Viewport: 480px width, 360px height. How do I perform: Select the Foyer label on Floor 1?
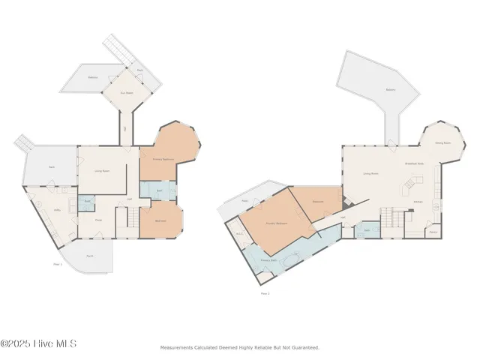coord(98,220)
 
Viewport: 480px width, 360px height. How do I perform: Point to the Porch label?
coord(90,256)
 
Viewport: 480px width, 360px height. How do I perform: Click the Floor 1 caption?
coord(58,264)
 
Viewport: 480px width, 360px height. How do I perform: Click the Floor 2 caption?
coord(264,293)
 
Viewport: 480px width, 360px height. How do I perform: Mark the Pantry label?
coord(433,232)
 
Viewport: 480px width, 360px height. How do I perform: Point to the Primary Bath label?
coord(268,259)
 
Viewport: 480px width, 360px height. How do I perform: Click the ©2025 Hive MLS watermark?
coord(38,344)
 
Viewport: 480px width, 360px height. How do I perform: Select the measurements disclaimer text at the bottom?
coord(239,347)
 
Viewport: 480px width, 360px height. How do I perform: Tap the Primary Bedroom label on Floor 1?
coord(163,159)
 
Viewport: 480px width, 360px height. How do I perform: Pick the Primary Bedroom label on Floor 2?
coord(276,223)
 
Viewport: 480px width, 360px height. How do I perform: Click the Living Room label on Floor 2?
coord(370,173)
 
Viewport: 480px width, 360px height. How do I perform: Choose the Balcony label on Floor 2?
coord(390,88)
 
